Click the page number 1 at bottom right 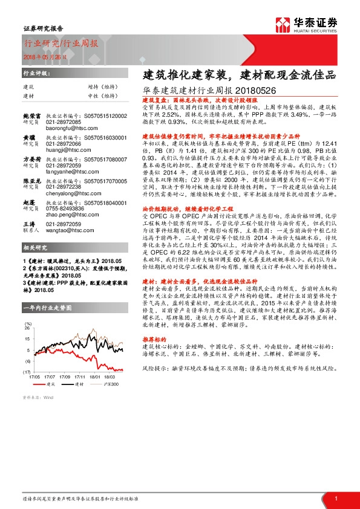pyautogui.click(x=336, y=497)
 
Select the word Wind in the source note pyautogui.click(x=49, y=414)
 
